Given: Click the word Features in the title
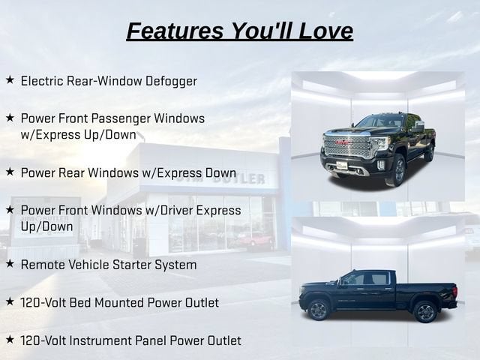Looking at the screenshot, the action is tap(175, 31).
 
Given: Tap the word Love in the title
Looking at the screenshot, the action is tap(325, 31).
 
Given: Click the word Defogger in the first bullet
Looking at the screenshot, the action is tap(171, 82).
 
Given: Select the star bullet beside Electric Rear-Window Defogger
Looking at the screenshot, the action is tap(10, 80).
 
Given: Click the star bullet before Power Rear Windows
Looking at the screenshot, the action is tap(10, 172).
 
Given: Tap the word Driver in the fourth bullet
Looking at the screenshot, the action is tap(177, 210).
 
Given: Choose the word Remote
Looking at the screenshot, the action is tap(43, 265).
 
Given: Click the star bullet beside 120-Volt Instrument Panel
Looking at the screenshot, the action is tap(10, 339).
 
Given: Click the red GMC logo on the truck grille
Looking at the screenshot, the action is tap(343, 142).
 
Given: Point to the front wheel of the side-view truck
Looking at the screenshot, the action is tap(318, 310).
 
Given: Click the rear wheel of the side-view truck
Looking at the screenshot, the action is tap(425, 312).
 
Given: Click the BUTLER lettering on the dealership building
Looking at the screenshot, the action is tap(238, 178).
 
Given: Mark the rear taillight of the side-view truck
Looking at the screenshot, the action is tap(454, 290).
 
